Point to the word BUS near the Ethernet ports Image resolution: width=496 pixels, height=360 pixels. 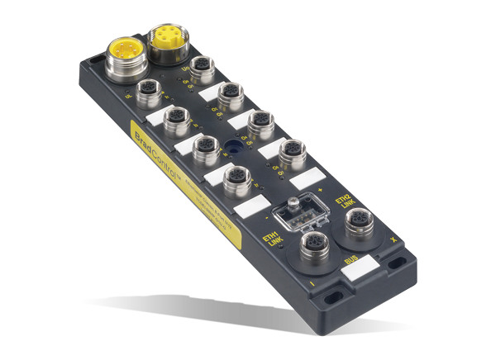pyautogui.click(x=352, y=263)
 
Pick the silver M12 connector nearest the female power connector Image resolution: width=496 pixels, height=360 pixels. pyautogui.click(x=200, y=65)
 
